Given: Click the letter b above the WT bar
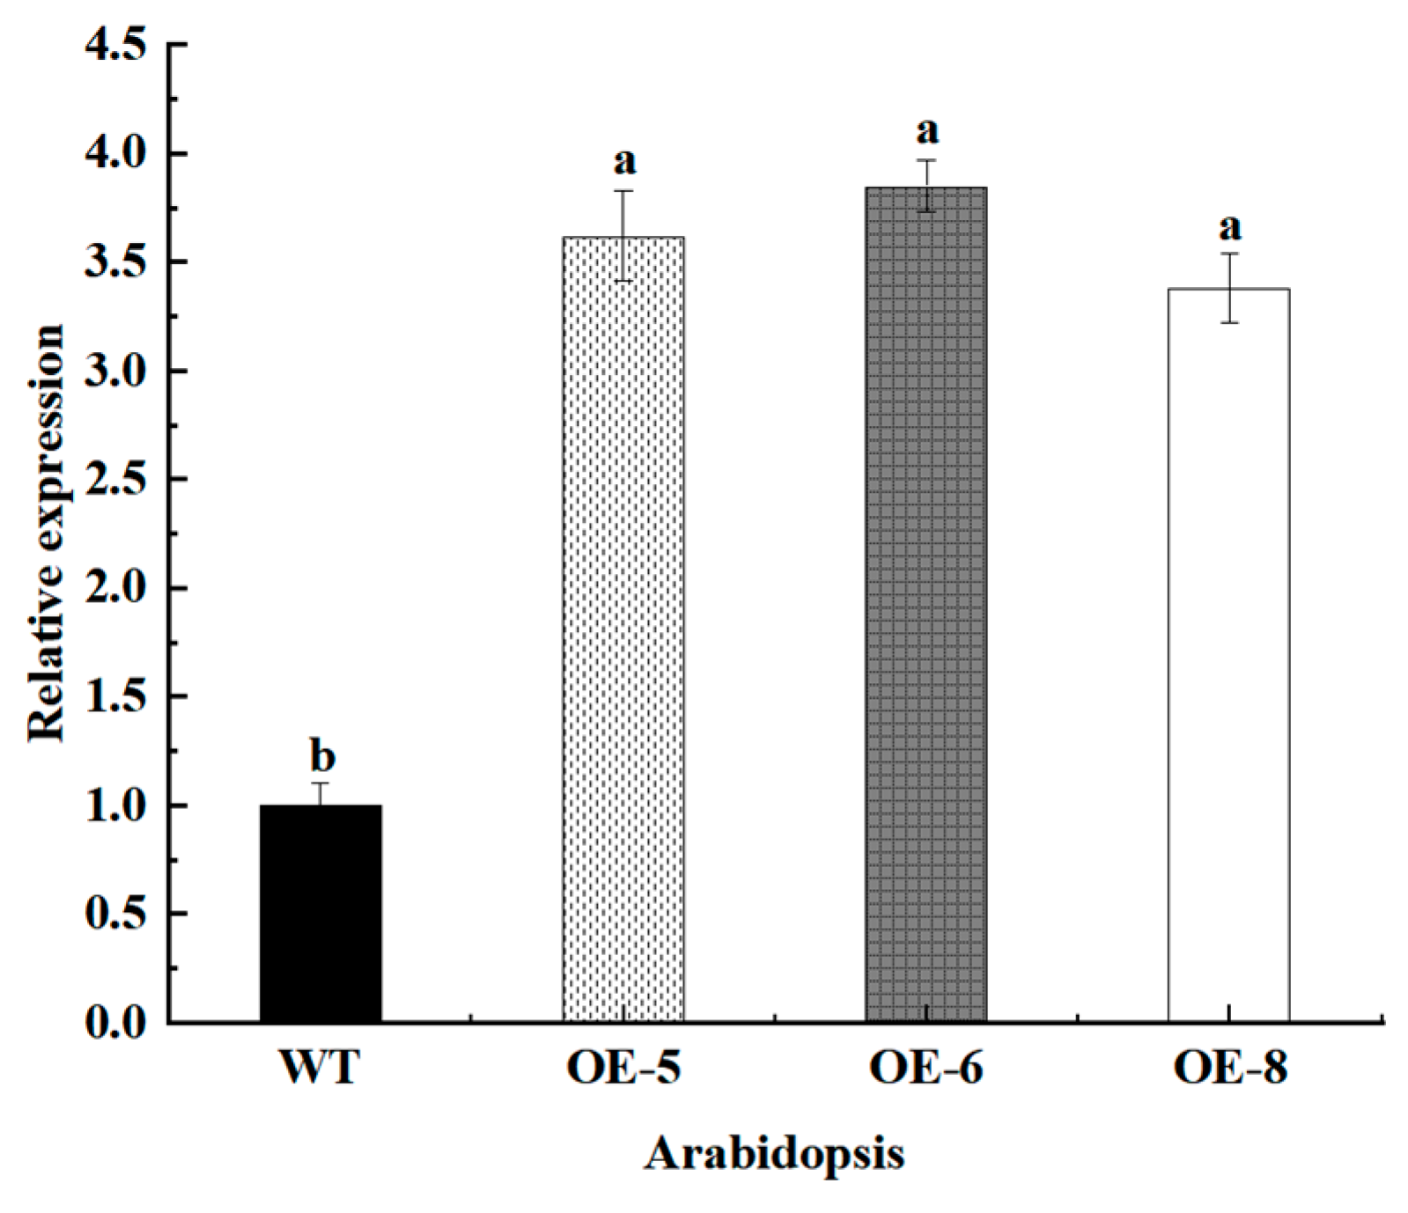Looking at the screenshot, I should pyautogui.click(x=322, y=757).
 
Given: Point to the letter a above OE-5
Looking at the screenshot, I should pyautogui.click(x=624, y=162).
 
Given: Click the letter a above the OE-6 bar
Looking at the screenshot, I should pyautogui.click(x=927, y=132).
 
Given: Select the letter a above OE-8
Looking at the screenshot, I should pyautogui.click(x=1229, y=228).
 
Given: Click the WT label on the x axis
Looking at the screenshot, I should pyautogui.click(x=320, y=1067).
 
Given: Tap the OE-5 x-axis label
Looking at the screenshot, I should pyautogui.click(x=623, y=1067).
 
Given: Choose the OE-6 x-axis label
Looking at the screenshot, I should pyautogui.click(x=926, y=1067).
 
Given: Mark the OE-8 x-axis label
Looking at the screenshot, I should pyautogui.click(x=1230, y=1067).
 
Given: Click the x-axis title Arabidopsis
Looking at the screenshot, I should pyautogui.click(x=774, y=1154).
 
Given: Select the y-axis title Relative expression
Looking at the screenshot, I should pyautogui.click(x=46, y=533).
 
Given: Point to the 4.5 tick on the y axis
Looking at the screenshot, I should pyautogui.click(x=115, y=45).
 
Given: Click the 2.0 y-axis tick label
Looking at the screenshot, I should pyautogui.click(x=115, y=588).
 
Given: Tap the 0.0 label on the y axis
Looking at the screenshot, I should pyautogui.click(x=115, y=1022).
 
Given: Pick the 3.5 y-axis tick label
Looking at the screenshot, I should pyautogui.click(x=115, y=262).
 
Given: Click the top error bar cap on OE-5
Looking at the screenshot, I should pyautogui.click(x=623, y=191).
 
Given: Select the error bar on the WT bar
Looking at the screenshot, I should pyautogui.click(x=321, y=792).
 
